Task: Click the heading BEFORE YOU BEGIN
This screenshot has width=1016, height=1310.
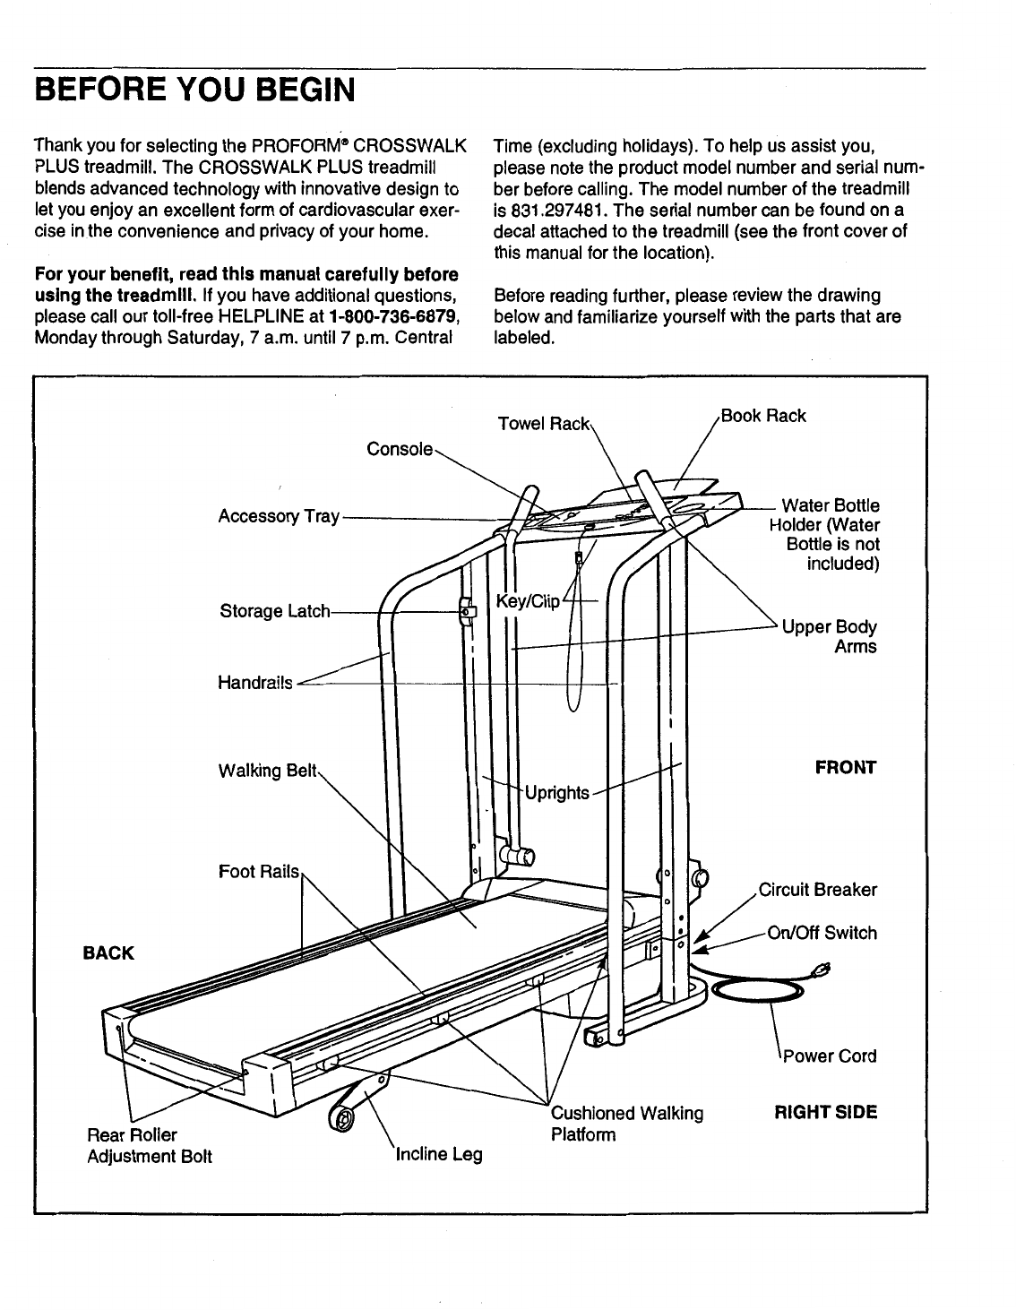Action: [x=194, y=90]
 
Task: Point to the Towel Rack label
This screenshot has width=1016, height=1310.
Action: [x=544, y=422]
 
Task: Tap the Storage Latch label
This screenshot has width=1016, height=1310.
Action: [x=274, y=611]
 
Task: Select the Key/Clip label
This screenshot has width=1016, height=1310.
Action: [x=527, y=600]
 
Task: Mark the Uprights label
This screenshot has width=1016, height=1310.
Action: [x=557, y=792]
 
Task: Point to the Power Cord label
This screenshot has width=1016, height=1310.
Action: [x=830, y=1056]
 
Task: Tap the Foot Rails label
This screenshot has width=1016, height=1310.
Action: [x=259, y=871]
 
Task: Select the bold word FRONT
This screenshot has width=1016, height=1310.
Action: [x=846, y=768]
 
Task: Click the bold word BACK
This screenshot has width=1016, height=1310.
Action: [x=108, y=952]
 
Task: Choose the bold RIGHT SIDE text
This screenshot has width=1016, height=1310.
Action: [x=825, y=1113]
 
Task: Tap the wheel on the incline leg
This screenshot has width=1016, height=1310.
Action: [x=340, y=1117]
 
